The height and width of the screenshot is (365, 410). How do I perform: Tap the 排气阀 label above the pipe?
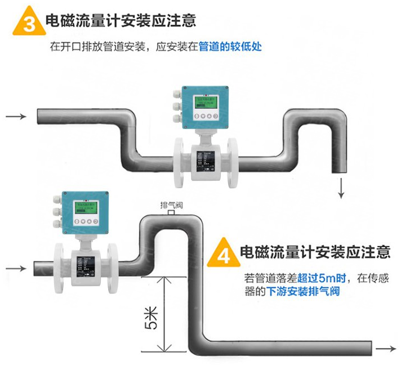(171, 204)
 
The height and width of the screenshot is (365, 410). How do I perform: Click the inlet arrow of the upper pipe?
(15, 117)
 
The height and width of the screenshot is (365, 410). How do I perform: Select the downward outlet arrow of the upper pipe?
(341, 188)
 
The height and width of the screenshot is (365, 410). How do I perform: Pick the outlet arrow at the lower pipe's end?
(389, 348)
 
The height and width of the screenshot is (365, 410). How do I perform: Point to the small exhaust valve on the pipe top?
(171, 213)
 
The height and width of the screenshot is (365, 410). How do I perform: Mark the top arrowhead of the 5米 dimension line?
(163, 278)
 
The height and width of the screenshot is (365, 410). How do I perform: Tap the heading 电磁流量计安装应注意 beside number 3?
(121, 21)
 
